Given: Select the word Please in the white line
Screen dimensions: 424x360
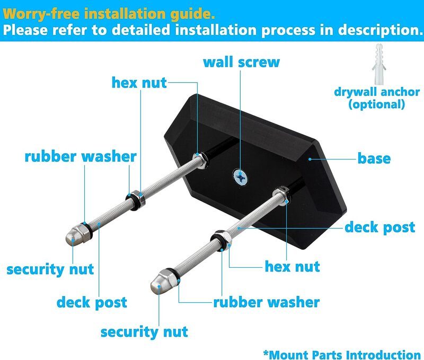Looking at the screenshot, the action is (x=25, y=30).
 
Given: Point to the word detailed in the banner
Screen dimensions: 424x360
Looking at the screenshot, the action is (x=142, y=30).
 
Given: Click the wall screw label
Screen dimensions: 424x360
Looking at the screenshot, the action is (x=241, y=62).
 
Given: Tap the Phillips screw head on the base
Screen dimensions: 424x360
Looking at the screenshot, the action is (x=241, y=178).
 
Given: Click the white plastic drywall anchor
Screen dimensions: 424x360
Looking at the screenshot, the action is (x=379, y=64).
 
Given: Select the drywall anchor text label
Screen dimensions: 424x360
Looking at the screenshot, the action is (x=377, y=92).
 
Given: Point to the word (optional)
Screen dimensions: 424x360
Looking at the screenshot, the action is (x=377, y=104).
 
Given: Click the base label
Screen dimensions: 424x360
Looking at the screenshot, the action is (x=374, y=159).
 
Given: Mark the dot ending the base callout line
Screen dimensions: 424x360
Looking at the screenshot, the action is (x=310, y=159).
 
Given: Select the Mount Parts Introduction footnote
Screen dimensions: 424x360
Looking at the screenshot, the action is (x=342, y=354).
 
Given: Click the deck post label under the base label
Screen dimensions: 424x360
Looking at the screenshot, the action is (x=379, y=227).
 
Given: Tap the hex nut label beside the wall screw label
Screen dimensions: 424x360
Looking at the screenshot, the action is (x=139, y=83).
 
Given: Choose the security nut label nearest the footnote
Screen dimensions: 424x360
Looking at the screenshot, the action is (x=144, y=332).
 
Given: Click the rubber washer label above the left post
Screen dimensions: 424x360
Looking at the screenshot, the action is (x=81, y=157).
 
